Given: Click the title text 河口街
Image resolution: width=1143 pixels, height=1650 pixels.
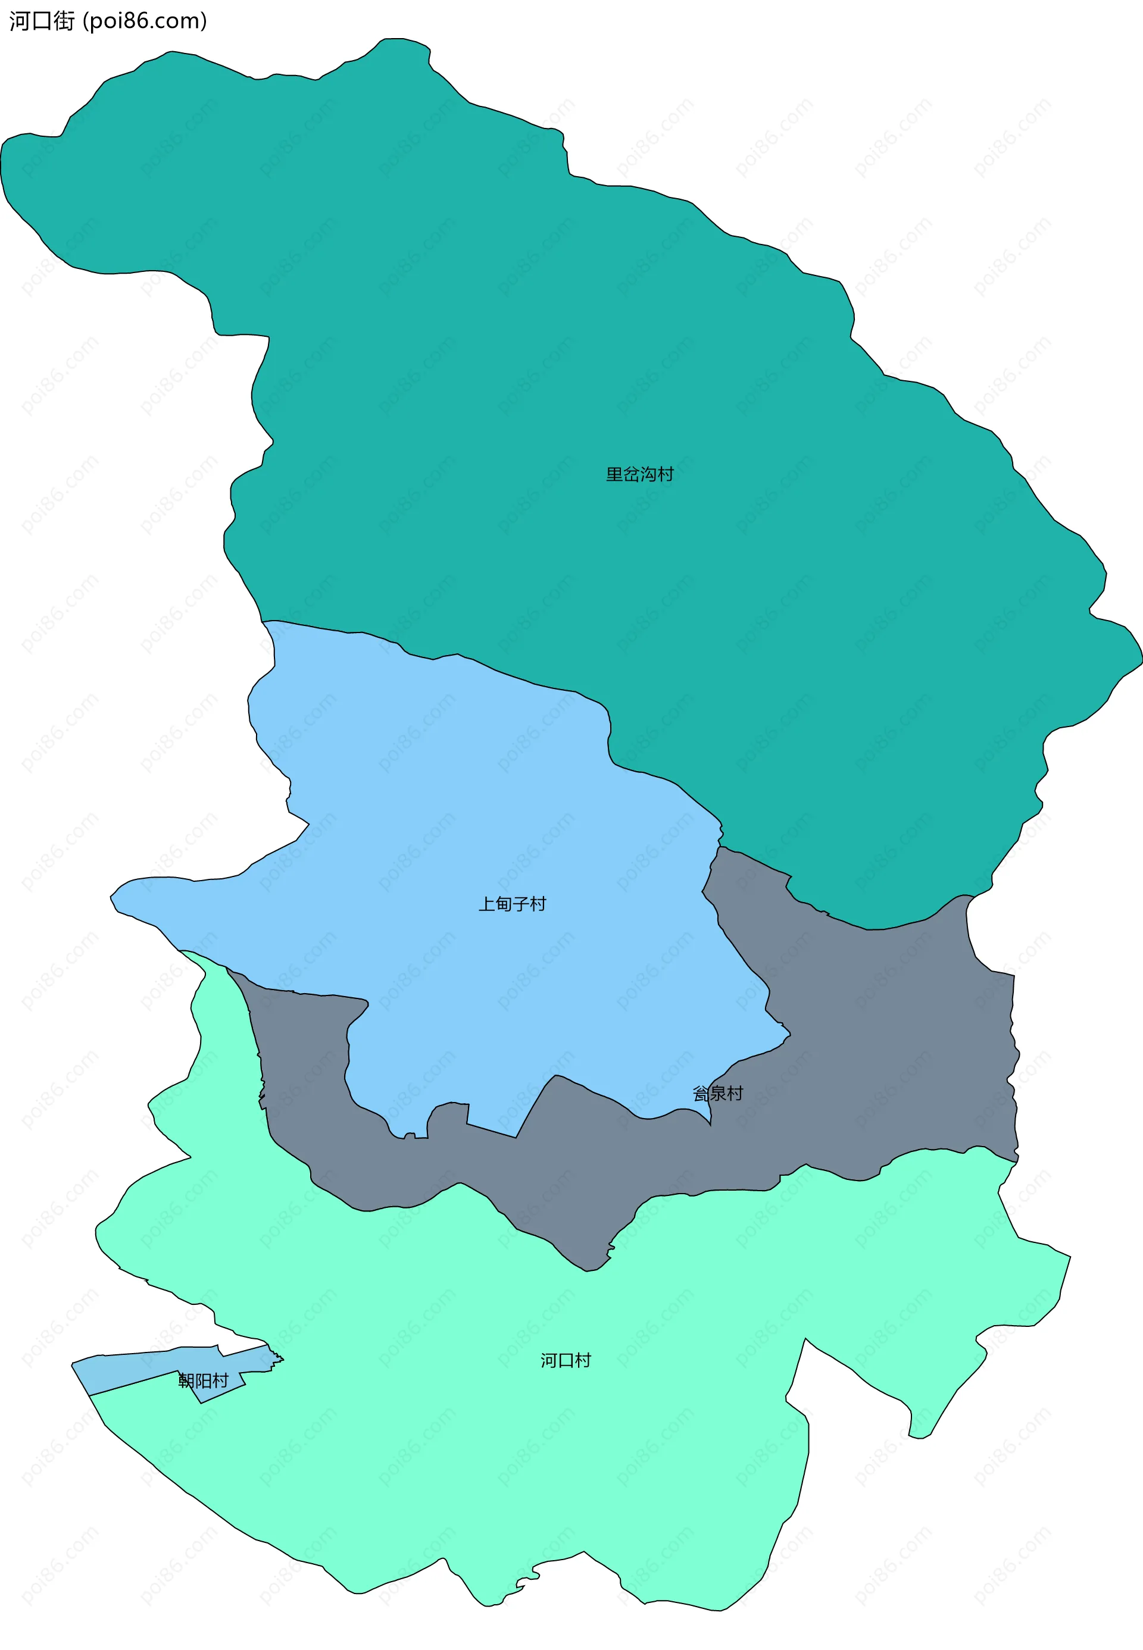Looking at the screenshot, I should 42,21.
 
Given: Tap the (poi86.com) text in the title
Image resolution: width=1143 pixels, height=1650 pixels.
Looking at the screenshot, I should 145,21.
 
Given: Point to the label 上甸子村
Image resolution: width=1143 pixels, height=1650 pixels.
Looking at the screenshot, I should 512,904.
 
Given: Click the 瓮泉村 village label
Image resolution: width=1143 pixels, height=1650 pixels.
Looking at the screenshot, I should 717,1093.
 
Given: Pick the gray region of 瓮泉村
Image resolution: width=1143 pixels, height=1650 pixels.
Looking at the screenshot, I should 895,1038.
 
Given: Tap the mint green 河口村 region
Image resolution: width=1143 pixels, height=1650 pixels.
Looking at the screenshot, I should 501,1467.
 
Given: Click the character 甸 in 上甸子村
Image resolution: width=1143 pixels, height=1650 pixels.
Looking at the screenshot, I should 504,904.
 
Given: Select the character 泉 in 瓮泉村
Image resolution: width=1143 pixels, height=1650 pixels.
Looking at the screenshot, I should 717,1093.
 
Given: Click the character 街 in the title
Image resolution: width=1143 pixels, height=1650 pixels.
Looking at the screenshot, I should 64,21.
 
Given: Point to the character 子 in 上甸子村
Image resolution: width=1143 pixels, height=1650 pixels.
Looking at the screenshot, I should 521,904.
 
